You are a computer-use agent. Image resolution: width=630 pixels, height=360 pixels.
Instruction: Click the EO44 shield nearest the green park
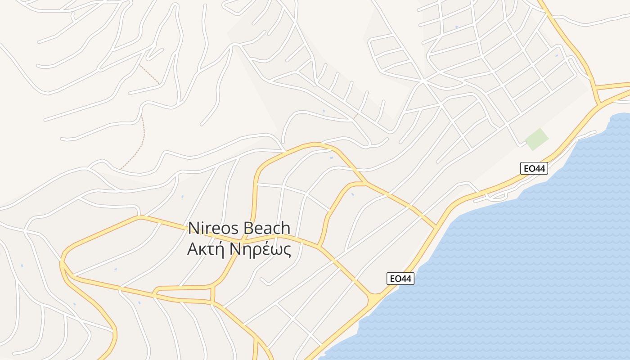[534, 169]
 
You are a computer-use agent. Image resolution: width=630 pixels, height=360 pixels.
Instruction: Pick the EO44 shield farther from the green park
[400, 279]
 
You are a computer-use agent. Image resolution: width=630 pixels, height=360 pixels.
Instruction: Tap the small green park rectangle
[537, 139]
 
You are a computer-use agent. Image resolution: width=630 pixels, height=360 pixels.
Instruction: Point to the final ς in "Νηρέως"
[287, 250]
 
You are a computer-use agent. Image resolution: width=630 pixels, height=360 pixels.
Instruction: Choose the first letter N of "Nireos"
[193, 228]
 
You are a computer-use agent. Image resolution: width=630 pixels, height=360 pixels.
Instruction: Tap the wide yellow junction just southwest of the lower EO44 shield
[374, 299]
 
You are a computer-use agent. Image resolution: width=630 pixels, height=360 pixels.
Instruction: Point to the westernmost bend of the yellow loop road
[62, 261]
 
